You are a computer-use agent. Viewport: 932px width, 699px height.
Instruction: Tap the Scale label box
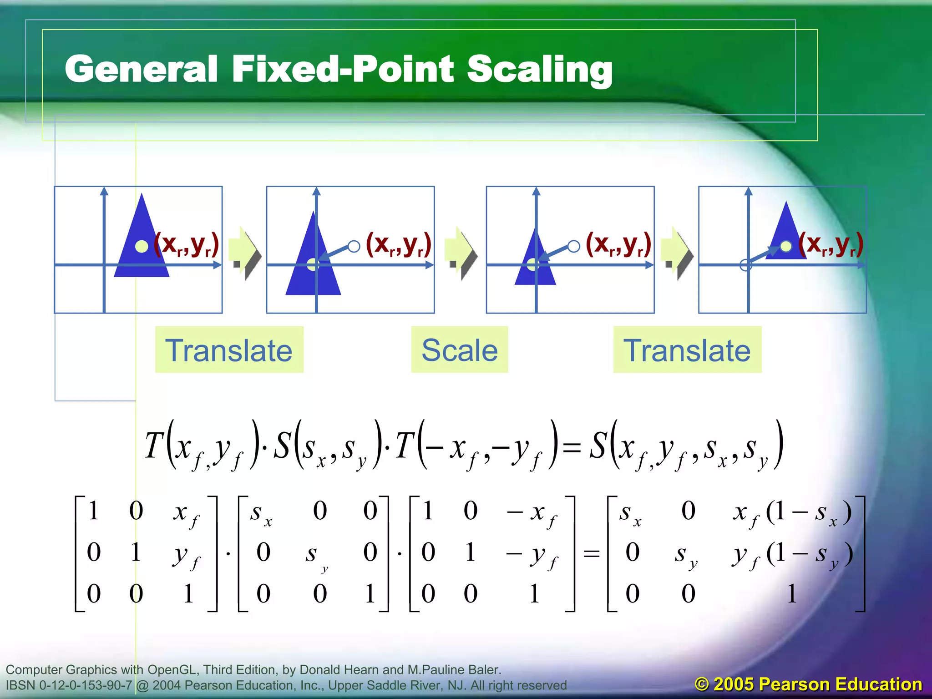[459, 349]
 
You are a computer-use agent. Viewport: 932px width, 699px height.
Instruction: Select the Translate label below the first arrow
[229, 349]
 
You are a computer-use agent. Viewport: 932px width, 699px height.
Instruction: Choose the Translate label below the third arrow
[687, 349]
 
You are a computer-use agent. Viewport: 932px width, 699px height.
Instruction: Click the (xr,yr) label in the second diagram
[398, 245]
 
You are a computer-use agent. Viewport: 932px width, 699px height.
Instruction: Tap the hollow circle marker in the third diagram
[574, 246]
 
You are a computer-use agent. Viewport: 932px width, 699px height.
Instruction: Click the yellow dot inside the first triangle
[142, 246]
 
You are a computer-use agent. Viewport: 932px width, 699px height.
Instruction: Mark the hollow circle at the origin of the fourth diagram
[745, 265]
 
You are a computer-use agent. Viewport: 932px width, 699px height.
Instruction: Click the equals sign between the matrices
[591, 553]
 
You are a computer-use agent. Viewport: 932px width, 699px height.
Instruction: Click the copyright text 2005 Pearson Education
[808, 684]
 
